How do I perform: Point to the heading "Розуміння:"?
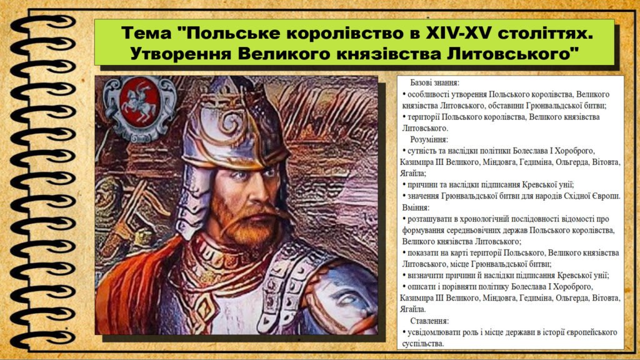(x=429, y=139)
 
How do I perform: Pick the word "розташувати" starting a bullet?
(x=431, y=218)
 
